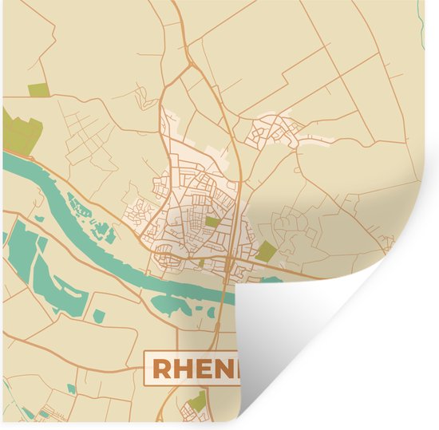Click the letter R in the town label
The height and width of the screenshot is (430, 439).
(160, 369)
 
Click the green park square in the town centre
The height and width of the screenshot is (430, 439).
(212, 222)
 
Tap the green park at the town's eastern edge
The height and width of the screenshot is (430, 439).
(266, 252)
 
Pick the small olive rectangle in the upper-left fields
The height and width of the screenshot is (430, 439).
(37, 90)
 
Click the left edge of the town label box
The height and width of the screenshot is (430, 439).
(145, 369)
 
